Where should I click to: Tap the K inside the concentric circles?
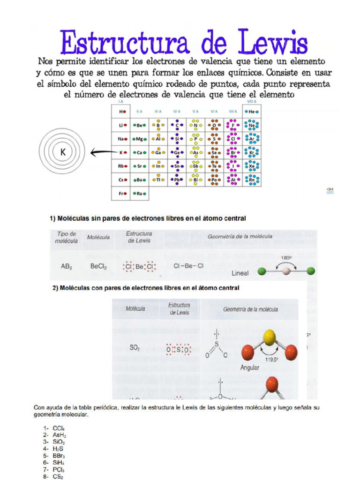(62, 152)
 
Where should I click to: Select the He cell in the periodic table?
(252, 112)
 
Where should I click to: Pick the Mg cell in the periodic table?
(140, 139)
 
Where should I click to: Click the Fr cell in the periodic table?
(121, 194)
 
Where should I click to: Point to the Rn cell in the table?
(252, 180)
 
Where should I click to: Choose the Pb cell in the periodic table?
(177, 180)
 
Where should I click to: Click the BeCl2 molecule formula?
(98, 266)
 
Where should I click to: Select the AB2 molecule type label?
(67, 266)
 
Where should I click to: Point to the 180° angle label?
(286, 258)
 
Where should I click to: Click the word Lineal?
(240, 272)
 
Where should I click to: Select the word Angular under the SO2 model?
(249, 368)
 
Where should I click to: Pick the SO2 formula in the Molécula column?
(135, 348)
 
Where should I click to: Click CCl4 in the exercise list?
(58, 428)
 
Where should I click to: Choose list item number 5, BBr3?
(59, 455)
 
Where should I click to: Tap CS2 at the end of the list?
(58, 476)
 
